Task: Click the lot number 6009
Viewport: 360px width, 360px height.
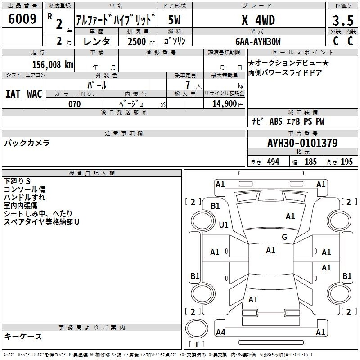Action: pos(22,19)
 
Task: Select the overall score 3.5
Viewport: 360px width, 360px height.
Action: pos(343,20)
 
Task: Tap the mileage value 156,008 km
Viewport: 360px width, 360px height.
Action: pos(53,64)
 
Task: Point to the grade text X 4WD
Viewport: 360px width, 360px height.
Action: pos(258,20)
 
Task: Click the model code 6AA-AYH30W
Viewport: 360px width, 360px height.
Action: pos(258,41)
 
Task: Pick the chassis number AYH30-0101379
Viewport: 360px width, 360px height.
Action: pos(302,143)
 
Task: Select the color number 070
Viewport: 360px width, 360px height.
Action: pos(75,104)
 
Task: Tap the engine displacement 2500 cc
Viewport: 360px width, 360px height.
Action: pos(141,41)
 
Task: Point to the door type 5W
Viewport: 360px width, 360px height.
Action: pos(174,20)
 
